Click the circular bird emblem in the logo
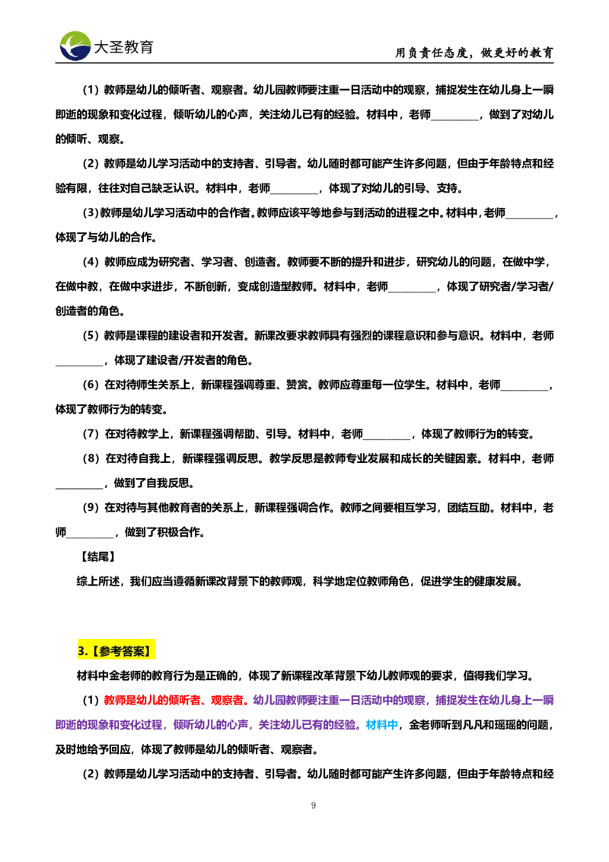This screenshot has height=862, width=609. [x=75, y=46]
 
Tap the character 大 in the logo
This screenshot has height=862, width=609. [x=102, y=47]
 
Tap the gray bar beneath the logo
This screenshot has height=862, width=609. [x=107, y=65]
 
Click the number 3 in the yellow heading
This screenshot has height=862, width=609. [x=81, y=651]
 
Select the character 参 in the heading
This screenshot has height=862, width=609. [x=105, y=651]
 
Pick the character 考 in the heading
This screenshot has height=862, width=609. [x=116, y=651]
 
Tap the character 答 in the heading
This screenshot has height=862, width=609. [x=128, y=651]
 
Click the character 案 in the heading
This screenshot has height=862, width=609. [x=139, y=651]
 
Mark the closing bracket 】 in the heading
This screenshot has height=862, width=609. [x=151, y=651]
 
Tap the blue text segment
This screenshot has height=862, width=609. [x=382, y=726]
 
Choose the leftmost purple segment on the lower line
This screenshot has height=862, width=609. [x=110, y=726]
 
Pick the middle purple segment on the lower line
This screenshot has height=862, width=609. [x=211, y=726]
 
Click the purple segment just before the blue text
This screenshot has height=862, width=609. [x=308, y=726]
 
